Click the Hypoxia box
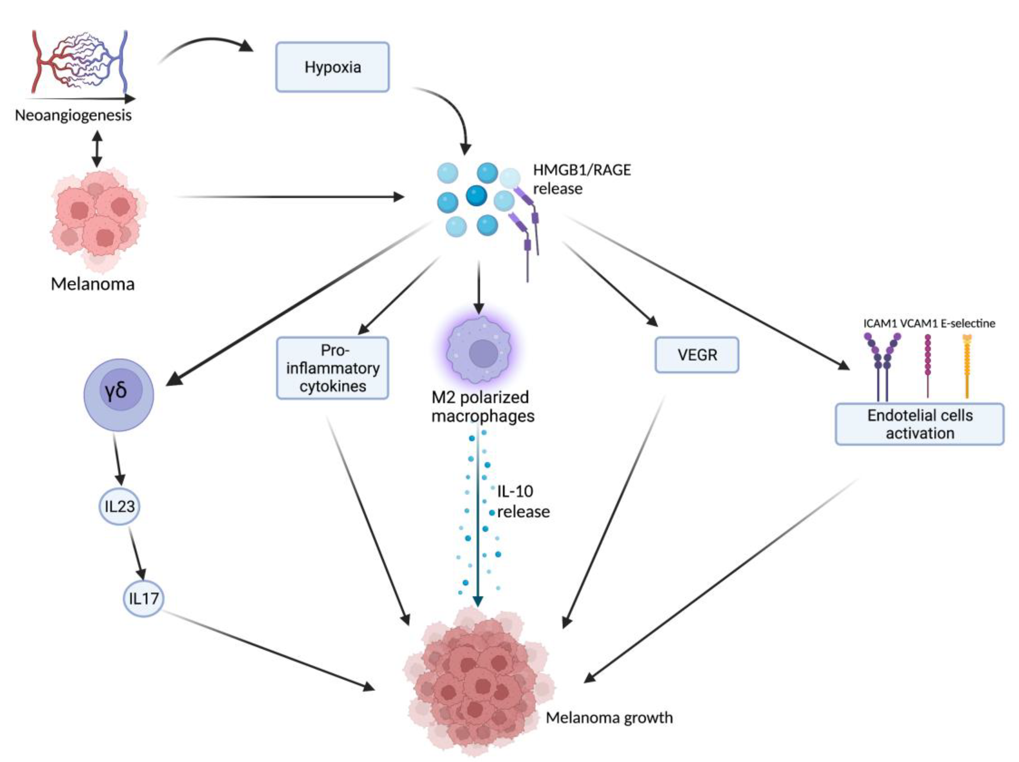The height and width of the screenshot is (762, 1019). tap(332, 67)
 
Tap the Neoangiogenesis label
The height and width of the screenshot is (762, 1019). tap(73, 115)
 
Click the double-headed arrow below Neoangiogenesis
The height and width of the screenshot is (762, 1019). tap(97, 149)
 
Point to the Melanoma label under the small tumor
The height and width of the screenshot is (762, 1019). tap(93, 284)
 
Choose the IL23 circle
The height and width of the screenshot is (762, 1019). tap(119, 506)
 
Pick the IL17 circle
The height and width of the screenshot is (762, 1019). tap(143, 598)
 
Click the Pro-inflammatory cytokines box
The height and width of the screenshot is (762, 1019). tap(332, 368)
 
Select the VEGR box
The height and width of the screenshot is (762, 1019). tap(697, 355)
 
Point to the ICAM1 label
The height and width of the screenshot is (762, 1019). tap(880, 324)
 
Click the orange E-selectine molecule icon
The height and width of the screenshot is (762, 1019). tap(967, 366)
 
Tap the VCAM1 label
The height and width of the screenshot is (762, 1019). tap(918, 324)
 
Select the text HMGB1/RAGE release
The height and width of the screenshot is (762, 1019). tap(582, 179)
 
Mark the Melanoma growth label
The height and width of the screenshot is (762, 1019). tap(609, 717)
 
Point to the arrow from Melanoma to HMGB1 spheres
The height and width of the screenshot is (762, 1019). tap(290, 197)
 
